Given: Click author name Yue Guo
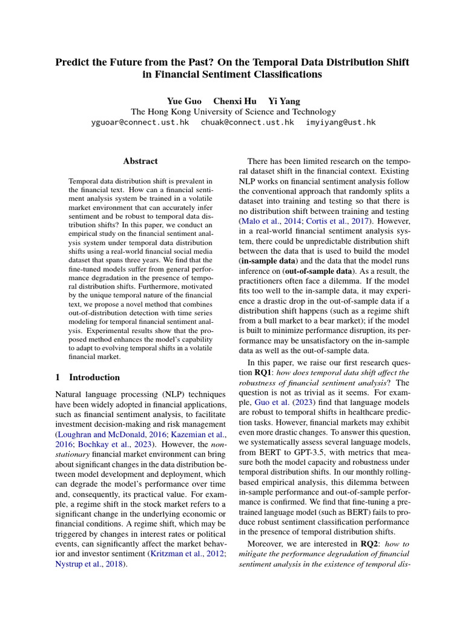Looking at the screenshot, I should tap(184, 101).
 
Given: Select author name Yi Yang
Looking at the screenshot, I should tap(284, 101).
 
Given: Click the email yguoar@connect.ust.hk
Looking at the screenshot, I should tap(139, 122).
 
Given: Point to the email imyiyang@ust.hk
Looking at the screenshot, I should tap(340, 122).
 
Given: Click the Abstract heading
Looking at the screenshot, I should tap(140, 161).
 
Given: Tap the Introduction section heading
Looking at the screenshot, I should tap(94, 377).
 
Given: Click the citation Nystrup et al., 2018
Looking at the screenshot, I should tap(88, 565).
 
